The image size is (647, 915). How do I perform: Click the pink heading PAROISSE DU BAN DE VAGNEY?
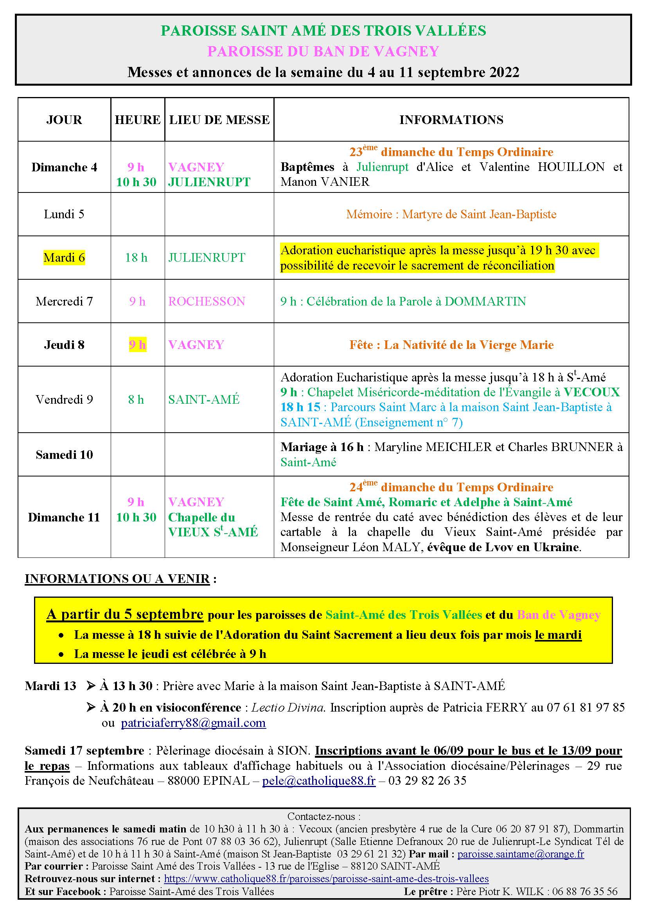pyautogui.click(x=323, y=51)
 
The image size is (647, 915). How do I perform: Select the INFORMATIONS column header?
pyautogui.click(x=451, y=120)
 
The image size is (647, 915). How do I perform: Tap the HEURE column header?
pyautogui.click(x=137, y=120)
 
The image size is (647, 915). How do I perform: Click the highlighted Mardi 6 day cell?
pyautogui.click(x=64, y=257)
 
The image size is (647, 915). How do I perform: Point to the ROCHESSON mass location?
pyautogui.click(x=207, y=301)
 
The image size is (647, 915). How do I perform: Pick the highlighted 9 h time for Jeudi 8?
pyautogui.click(x=137, y=345)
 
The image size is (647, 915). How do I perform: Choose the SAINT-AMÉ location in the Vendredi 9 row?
pyautogui.click(x=203, y=399)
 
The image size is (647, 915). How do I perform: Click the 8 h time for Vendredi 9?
pyautogui.click(x=136, y=399)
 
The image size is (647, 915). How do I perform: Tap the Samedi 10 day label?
pyautogui.click(x=64, y=455)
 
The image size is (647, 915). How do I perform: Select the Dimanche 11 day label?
pyautogui.click(x=64, y=517)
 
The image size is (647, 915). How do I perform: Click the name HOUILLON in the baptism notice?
pyautogui.click(x=571, y=167)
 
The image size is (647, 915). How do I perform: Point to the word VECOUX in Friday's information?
pyautogui.click(x=591, y=392)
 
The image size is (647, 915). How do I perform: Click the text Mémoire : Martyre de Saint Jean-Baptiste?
pyautogui.click(x=451, y=214)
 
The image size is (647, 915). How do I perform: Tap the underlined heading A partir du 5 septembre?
pyautogui.click(x=125, y=614)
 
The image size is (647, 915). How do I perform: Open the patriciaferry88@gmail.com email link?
pyautogui.click(x=193, y=723)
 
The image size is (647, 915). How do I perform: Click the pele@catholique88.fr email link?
pyautogui.click(x=319, y=781)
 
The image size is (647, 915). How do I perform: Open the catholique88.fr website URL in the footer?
pyautogui.click(x=326, y=879)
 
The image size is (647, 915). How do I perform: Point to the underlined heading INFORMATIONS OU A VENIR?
pyautogui.click(x=117, y=579)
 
